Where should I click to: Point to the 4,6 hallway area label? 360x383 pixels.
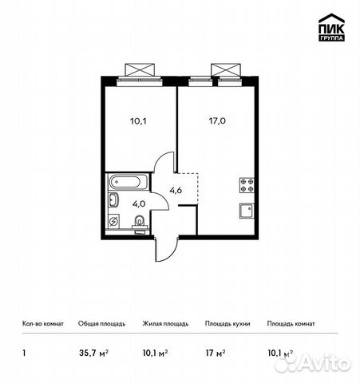tap(176, 190)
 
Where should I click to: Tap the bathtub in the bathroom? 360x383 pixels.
tap(126, 182)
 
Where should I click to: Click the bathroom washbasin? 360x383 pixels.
tap(113, 200)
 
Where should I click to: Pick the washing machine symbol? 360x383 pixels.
tap(114, 221)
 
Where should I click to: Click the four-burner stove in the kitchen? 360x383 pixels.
tap(247, 186)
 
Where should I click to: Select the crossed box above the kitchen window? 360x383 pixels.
tap(224, 69)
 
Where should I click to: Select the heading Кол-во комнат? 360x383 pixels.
tap(41, 324)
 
